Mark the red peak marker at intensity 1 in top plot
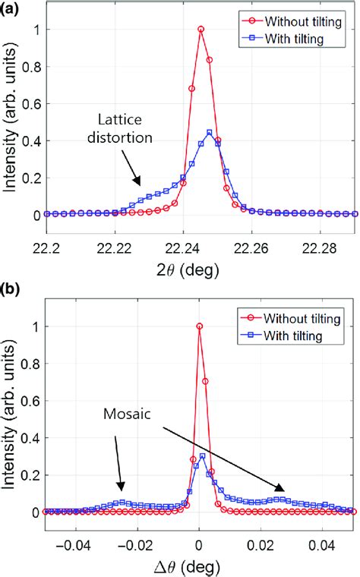click(201, 30)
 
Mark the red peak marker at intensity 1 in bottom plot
click(199, 326)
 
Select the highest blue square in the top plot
click(209, 133)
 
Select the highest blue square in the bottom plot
click(202, 456)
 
